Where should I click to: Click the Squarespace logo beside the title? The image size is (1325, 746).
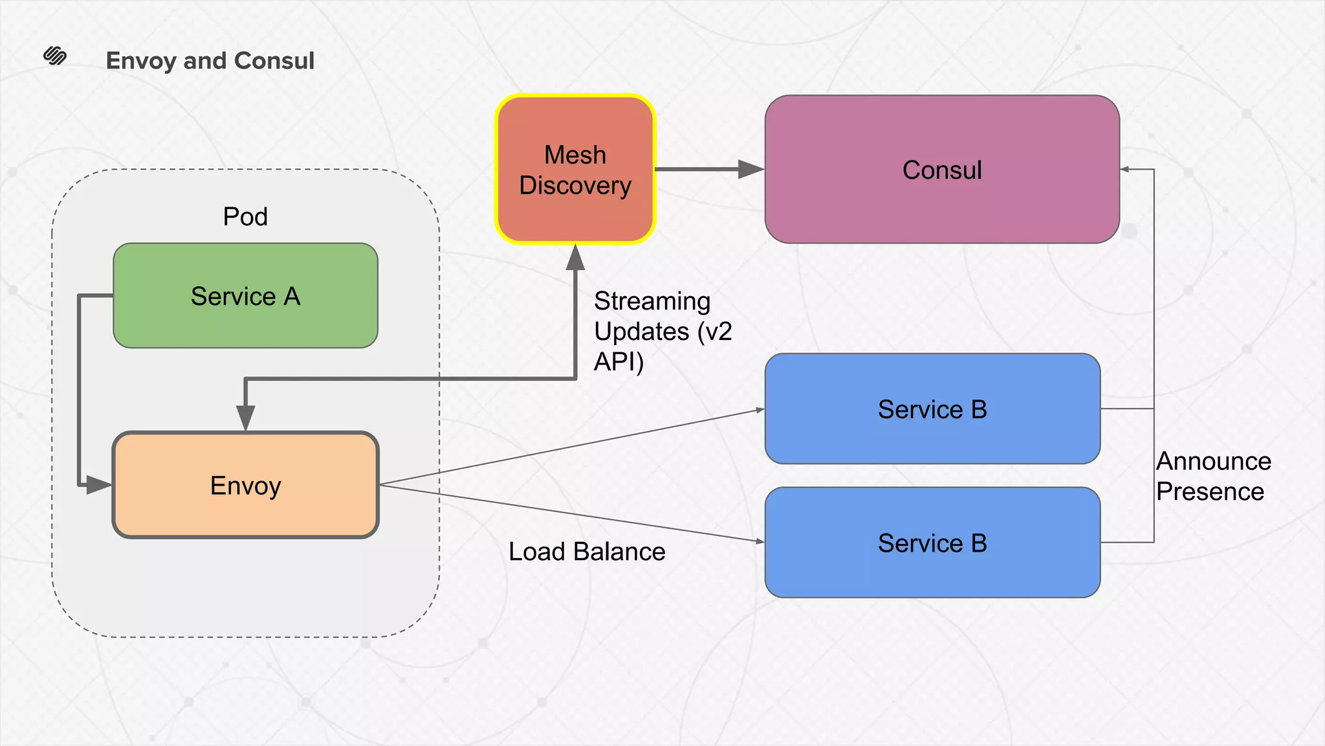55,56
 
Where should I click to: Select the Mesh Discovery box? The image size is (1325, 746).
575,170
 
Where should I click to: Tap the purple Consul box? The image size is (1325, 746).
941,170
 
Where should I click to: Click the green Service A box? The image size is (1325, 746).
245,296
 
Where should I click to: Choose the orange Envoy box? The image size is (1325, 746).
245,485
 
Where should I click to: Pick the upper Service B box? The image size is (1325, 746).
932,409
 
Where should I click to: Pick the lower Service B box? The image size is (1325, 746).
932,543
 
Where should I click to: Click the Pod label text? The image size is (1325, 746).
245,216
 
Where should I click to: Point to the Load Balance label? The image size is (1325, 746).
587,552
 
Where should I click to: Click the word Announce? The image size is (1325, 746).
1214,461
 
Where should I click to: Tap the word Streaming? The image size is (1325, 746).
652,301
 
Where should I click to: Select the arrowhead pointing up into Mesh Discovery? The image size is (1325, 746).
575,258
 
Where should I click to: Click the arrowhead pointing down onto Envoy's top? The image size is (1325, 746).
245,417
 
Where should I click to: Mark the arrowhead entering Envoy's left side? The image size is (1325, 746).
98,484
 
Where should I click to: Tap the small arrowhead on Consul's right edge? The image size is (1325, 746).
1125,170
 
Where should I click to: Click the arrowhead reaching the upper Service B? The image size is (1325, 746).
760,410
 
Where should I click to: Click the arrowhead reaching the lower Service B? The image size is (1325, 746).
760,541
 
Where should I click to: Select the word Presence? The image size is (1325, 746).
1210,492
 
